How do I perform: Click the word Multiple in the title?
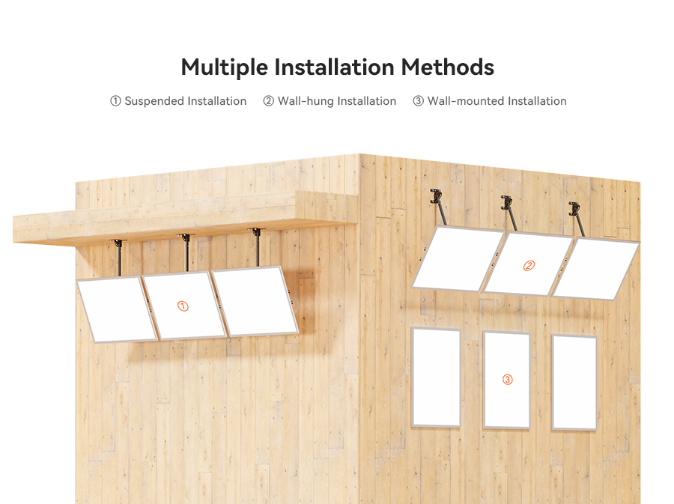pyautogui.click(x=224, y=68)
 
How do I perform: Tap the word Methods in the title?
pyautogui.click(x=448, y=67)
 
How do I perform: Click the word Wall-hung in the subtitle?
pyautogui.click(x=306, y=101)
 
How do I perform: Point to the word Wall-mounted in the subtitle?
pyautogui.click(x=466, y=101)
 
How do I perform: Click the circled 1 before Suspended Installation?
pyautogui.click(x=115, y=101)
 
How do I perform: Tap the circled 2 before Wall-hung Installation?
pyautogui.click(x=268, y=101)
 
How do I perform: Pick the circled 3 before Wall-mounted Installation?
pyautogui.click(x=418, y=101)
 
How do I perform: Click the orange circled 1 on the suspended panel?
pyautogui.click(x=183, y=306)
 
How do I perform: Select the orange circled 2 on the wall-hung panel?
pyautogui.click(x=529, y=266)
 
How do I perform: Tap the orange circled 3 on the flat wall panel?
pyautogui.click(x=507, y=380)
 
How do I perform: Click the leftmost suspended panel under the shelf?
pyautogui.click(x=117, y=309)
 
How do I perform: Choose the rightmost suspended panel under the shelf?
pyautogui.click(x=255, y=301)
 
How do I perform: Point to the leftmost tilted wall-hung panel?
pyautogui.click(x=458, y=258)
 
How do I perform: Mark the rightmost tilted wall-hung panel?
pyautogui.click(x=595, y=269)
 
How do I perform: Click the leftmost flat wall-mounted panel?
pyautogui.click(x=437, y=377)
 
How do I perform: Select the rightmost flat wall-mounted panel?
pyautogui.click(x=574, y=383)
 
